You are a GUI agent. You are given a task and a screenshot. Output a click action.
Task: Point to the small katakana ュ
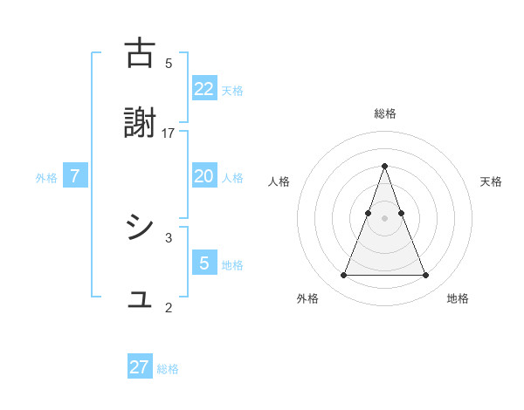(x=141, y=301)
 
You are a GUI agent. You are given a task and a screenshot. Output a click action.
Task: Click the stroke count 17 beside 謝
(x=169, y=133)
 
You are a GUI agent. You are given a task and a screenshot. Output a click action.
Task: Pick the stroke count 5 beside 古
(x=169, y=63)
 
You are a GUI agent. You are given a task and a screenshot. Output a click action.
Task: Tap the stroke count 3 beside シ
(x=169, y=236)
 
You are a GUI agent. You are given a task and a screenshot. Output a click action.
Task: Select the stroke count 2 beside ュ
(x=169, y=307)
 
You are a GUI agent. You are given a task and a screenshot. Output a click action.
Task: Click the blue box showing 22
(x=204, y=89)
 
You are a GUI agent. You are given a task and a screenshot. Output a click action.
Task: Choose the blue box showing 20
(x=204, y=176)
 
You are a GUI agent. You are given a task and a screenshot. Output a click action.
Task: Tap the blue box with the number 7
(x=75, y=176)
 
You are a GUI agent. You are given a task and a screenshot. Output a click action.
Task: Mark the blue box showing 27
(x=140, y=367)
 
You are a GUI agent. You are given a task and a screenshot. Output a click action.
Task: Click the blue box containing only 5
(x=204, y=263)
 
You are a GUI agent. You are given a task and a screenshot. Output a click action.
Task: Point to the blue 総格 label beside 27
(x=168, y=369)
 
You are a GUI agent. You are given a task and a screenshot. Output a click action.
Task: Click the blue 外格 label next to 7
(x=46, y=178)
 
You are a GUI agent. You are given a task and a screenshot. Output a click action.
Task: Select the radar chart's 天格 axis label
(x=491, y=181)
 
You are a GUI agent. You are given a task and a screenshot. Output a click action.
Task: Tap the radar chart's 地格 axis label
(x=458, y=298)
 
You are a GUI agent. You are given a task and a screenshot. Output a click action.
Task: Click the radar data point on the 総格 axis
(x=384, y=166)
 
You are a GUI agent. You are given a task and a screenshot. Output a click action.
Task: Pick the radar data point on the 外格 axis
(x=343, y=276)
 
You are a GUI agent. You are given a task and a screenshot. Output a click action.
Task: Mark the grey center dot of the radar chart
(x=384, y=219)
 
